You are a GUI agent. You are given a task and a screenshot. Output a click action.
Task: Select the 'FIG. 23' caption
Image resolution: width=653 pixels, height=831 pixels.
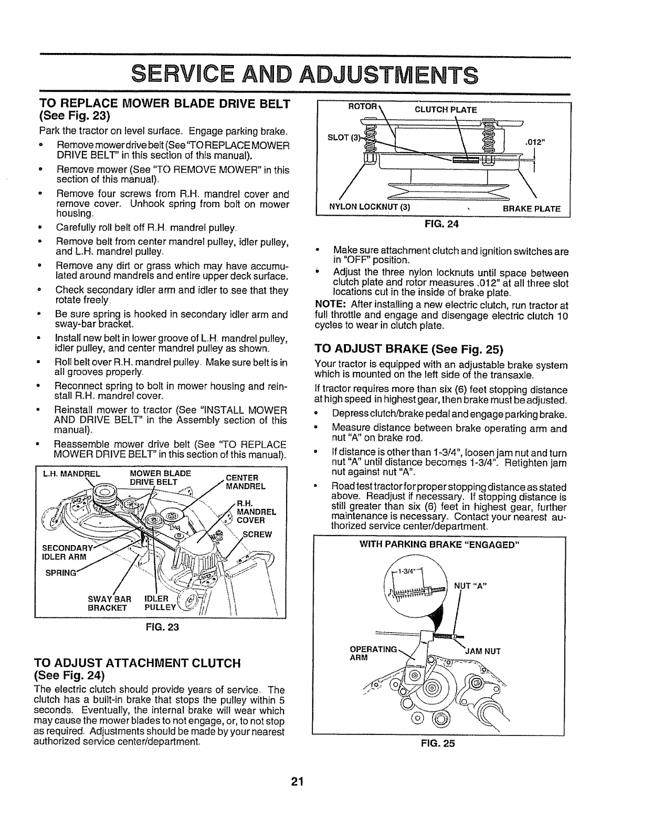[166, 626]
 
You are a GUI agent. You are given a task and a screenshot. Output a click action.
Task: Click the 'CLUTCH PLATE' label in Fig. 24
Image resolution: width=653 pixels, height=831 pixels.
[446, 110]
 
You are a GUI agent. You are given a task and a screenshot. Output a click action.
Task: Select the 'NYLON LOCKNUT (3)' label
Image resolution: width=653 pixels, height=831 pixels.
[369, 208]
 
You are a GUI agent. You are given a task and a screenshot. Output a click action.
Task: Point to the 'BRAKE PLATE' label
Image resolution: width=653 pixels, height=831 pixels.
[532, 208]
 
